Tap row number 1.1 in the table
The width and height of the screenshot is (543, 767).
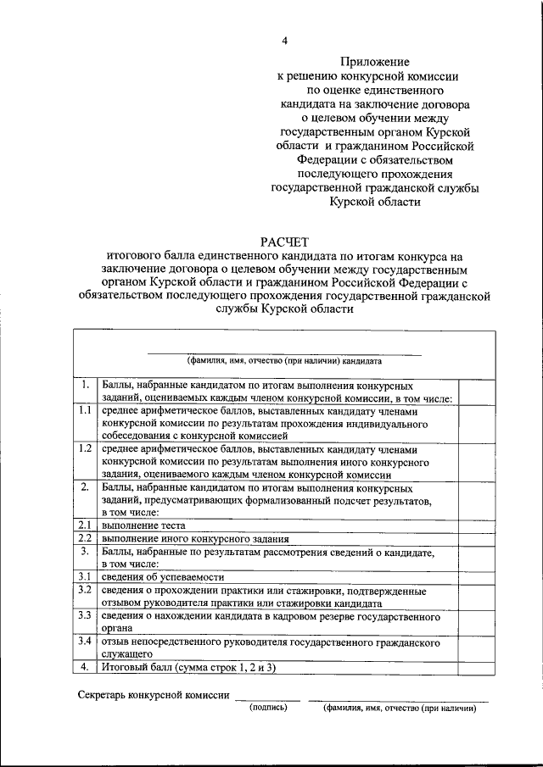(85, 410)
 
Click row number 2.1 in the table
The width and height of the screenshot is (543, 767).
(85, 525)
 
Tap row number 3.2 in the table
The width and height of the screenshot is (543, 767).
(85, 589)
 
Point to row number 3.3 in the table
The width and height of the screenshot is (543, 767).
(85, 614)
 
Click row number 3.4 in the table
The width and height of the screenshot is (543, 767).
(85, 642)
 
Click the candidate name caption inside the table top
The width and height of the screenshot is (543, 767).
(284, 359)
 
